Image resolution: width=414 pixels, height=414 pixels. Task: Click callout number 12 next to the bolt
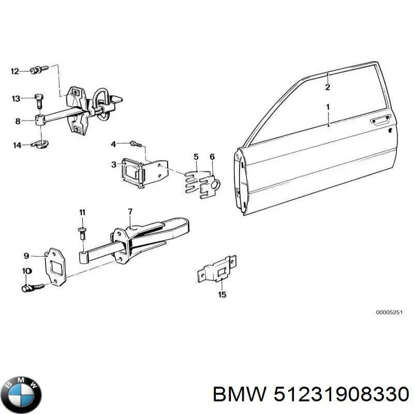tap(15, 71)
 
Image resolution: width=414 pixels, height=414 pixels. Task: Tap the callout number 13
tap(16, 98)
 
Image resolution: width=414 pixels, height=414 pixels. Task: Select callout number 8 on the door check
tap(18, 122)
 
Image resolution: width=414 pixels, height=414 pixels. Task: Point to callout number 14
tap(17, 145)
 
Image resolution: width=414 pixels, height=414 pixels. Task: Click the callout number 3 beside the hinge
tap(113, 165)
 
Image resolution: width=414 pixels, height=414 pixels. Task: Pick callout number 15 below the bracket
tap(222, 295)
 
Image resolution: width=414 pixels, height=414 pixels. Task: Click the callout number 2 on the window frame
tap(328, 87)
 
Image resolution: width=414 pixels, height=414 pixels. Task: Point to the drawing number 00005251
tap(388, 313)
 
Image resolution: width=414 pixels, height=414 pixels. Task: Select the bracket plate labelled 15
tap(217, 269)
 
